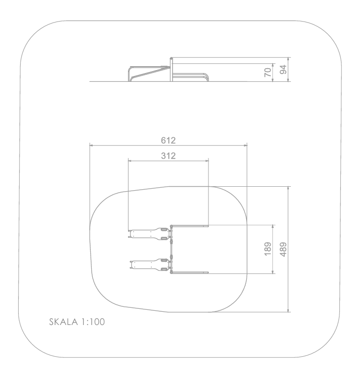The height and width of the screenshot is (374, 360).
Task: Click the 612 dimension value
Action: click(x=168, y=140)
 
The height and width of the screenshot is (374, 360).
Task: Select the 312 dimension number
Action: click(x=168, y=156)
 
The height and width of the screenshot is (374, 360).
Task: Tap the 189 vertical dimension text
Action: click(x=268, y=249)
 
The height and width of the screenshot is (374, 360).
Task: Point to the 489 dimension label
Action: click(x=283, y=249)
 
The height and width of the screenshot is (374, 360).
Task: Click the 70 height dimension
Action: click(x=268, y=72)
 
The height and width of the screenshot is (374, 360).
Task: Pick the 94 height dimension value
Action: click(x=283, y=70)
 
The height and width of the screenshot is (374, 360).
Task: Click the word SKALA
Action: click(x=63, y=322)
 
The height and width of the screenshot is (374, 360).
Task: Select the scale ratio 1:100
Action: click(x=93, y=322)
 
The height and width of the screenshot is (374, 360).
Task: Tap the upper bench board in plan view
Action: click(x=149, y=234)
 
